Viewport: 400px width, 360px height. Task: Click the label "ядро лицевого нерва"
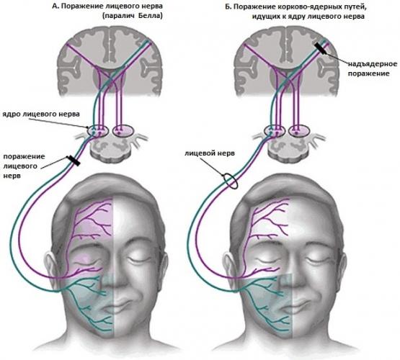tap(41, 114)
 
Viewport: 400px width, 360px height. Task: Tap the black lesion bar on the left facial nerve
tap(74, 161)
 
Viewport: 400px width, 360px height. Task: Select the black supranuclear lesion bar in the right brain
tap(320, 48)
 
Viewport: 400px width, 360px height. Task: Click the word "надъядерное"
tap(373, 63)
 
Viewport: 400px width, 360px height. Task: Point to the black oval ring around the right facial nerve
tap(231, 181)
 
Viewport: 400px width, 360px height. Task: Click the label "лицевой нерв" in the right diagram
tap(210, 153)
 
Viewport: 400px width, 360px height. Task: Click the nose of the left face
tap(114, 278)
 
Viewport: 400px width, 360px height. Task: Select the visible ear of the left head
tap(50, 265)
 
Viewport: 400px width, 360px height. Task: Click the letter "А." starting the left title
tap(55, 6)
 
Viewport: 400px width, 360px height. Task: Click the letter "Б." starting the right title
tap(228, 6)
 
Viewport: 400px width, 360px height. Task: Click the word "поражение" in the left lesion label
tap(25, 157)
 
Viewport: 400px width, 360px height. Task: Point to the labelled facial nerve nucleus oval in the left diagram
tap(98, 131)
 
